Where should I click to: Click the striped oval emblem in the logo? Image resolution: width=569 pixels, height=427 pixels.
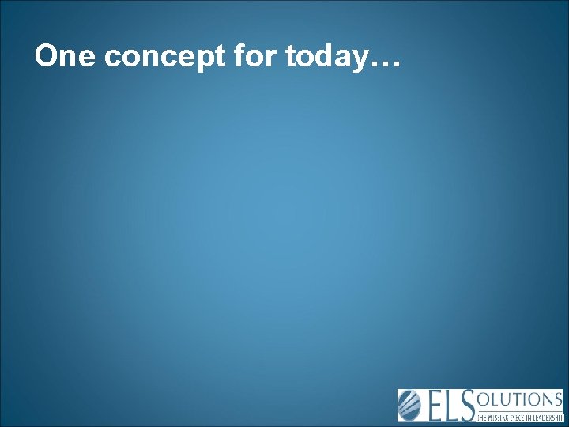pyautogui.click(x=411, y=406)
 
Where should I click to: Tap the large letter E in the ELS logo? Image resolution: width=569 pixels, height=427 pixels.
pyautogui.click(x=435, y=406)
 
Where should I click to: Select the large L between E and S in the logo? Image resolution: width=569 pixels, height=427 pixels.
pyautogui.click(x=453, y=406)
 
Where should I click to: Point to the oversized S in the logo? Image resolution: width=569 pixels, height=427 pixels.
pyautogui.click(x=468, y=406)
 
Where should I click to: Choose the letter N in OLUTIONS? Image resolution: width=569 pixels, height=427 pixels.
pyautogui.click(x=545, y=399)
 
